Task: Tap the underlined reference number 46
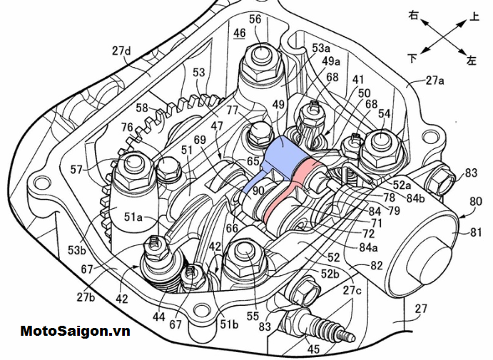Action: tap(239, 33)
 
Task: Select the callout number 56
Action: tap(255, 19)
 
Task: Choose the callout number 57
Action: tap(97, 170)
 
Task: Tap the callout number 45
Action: tap(312, 349)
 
